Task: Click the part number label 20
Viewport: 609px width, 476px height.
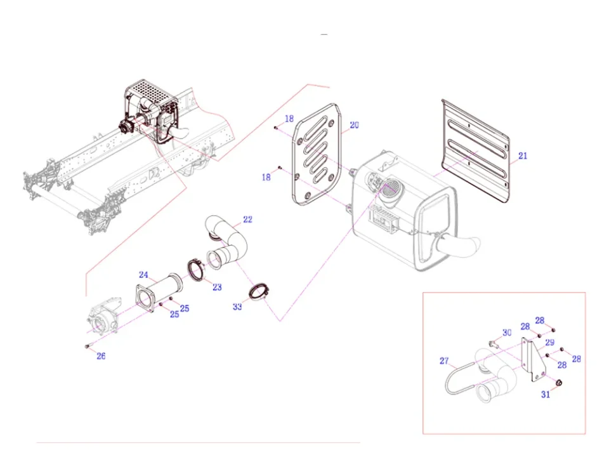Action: tap(354, 125)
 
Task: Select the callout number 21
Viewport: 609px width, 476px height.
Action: tap(522, 155)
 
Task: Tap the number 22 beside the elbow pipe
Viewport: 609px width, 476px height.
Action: tap(247, 220)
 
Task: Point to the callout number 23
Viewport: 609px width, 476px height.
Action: tap(217, 288)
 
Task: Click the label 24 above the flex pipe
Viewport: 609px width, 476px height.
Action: tap(144, 275)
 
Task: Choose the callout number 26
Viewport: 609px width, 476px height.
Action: tap(101, 356)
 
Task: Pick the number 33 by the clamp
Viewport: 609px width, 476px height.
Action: tap(237, 307)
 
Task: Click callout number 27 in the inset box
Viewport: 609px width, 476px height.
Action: tap(444, 361)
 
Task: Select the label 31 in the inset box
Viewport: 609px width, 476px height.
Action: tap(546, 395)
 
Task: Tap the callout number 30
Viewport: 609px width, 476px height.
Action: tap(507, 333)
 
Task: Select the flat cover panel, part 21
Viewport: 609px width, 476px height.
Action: tap(476, 152)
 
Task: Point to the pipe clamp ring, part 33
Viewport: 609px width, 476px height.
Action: tap(259, 293)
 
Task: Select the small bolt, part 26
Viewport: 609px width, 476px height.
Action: tap(86, 346)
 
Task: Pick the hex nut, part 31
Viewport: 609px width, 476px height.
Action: tap(559, 383)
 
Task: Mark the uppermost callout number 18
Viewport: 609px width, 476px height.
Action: tap(289, 119)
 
